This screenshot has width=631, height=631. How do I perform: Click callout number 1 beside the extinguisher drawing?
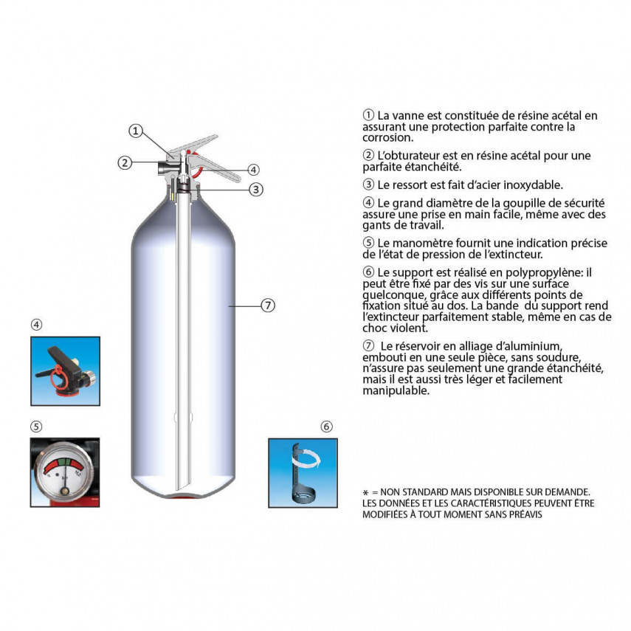coord(136,131)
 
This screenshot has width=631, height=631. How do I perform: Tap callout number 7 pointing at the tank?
coord(268,306)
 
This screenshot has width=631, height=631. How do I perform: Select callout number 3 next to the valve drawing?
coord(256,189)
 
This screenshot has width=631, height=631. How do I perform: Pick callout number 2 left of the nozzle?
coord(125,162)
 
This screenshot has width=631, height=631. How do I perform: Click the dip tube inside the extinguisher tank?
coord(184,338)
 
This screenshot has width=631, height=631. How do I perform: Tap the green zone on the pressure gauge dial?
coord(63,461)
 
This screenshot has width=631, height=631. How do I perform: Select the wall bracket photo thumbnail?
coord(303,473)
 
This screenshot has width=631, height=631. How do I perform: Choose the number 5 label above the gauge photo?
coord(36,427)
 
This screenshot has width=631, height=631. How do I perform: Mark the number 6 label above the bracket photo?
coord(326,427)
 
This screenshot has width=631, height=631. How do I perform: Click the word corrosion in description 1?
coord(387,137)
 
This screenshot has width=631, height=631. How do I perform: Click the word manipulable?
coord(396,390)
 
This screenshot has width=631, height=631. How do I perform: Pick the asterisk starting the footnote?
coord(366,492)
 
